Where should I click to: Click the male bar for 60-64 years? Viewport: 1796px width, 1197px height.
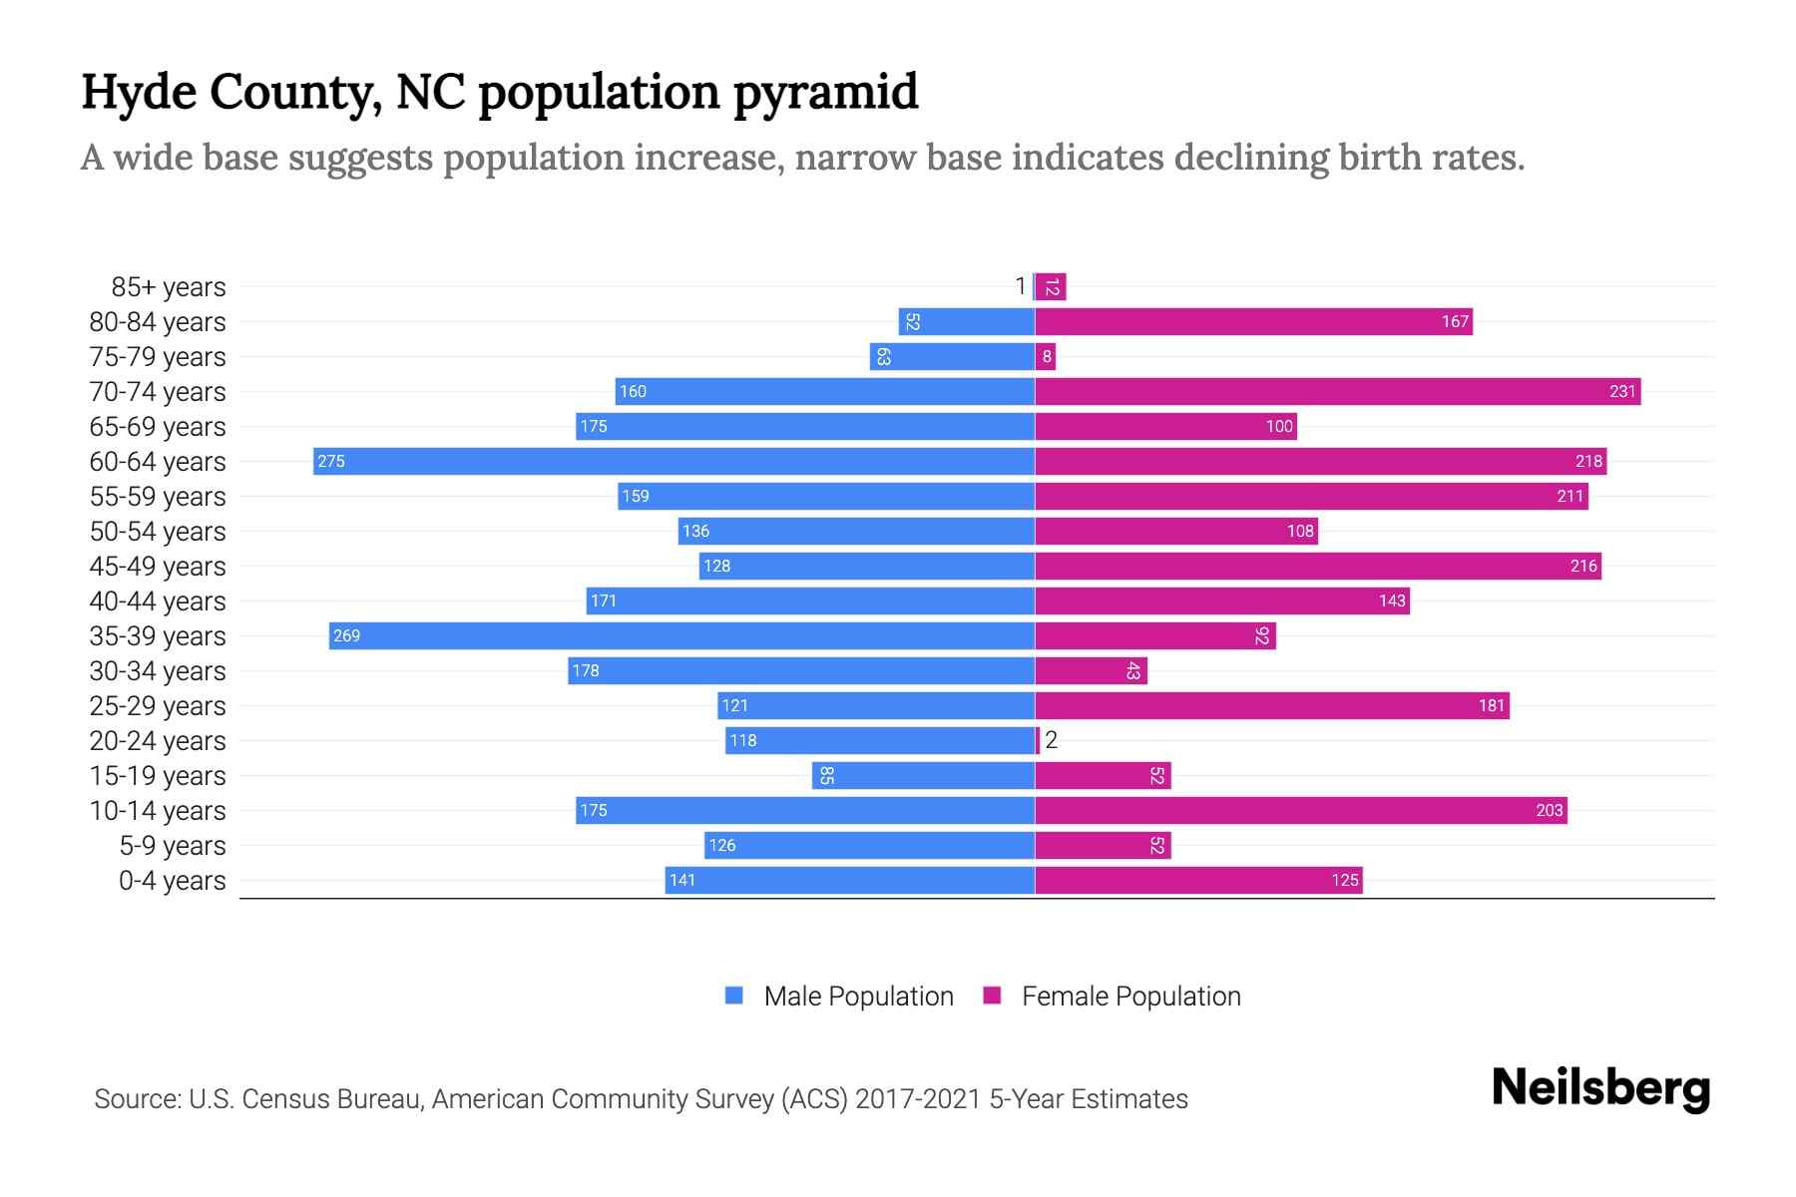(673, 461)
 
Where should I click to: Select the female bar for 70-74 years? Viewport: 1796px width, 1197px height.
(1337, 391)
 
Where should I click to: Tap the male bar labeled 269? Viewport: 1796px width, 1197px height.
(681, 635)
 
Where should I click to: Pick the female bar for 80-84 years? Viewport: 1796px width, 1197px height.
(1253, 321)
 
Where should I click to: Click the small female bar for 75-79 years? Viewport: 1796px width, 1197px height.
(1046, 356)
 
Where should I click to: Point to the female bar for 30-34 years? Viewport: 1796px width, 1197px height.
(1091, 670)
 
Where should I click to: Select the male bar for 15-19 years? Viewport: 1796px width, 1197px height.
(923, 775)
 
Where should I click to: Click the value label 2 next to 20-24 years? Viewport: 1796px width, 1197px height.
(1051, 740)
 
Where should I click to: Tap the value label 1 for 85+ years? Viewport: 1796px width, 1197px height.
(1020, 286)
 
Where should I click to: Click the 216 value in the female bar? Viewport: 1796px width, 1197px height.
(1583, 566)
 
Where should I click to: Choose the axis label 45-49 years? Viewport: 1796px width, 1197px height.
(158, 566)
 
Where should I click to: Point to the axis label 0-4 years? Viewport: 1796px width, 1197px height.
(172, 880)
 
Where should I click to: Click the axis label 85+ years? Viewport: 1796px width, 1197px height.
(169, 286)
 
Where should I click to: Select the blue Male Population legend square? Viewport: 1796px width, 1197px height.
(734, 996)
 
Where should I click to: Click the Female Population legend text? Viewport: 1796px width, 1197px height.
(1130, 996)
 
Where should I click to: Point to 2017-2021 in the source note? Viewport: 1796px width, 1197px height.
(918, 1099)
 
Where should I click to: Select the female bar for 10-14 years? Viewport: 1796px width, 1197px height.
(1301, 810)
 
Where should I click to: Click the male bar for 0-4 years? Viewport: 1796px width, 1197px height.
(849, 880)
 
